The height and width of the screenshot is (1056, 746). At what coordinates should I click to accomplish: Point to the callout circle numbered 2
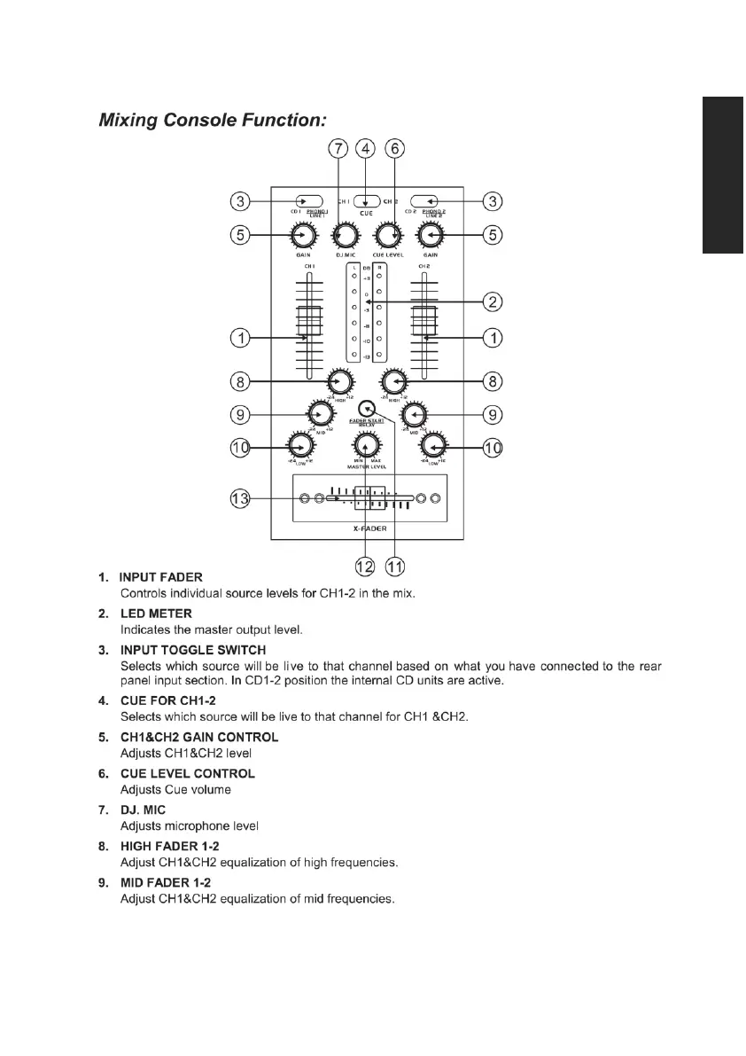[x=493, y=302]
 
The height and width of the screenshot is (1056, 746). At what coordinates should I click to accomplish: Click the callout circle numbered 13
[x=239, y=498]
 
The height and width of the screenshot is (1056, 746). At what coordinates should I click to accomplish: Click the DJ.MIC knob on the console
[x=345, y=236]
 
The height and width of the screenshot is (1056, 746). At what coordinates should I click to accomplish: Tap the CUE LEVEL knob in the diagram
[x=385, y=236]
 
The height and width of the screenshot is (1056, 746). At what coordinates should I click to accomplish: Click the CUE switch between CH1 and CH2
[x=366, y=201]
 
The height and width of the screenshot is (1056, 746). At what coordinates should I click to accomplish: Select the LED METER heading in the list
[x=156, y=613]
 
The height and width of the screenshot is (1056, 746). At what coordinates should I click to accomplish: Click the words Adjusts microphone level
[x=190, y=825]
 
